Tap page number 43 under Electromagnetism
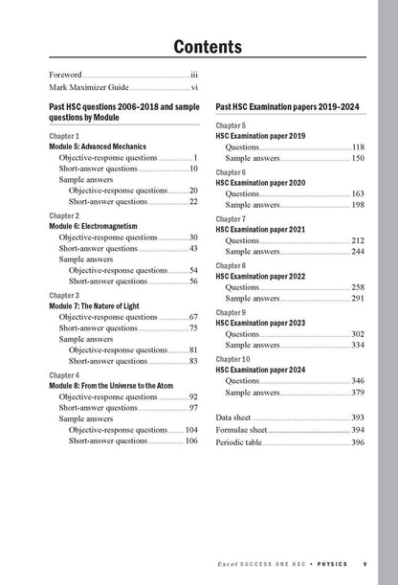coord(193,248)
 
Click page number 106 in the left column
coord(191,441)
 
